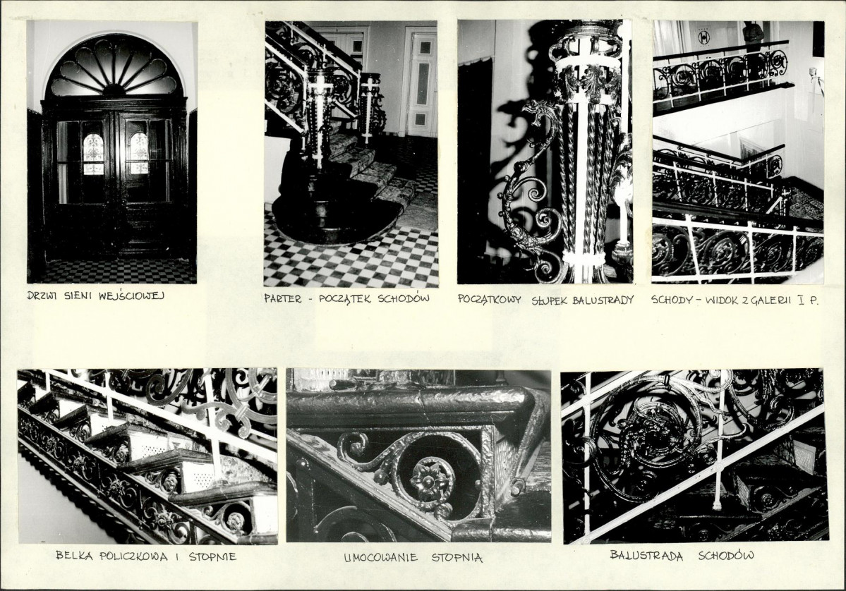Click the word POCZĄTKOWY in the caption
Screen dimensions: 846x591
pos(490,300)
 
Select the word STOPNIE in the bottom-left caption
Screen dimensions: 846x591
pos(212,556)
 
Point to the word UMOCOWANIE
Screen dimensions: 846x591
pos(380,558)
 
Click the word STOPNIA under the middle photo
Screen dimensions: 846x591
pos(457,557)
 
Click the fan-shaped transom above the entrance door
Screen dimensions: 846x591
pos(114,68)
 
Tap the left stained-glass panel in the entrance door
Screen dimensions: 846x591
pos(93,154)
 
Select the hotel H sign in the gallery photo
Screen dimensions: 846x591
pos(703,37)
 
